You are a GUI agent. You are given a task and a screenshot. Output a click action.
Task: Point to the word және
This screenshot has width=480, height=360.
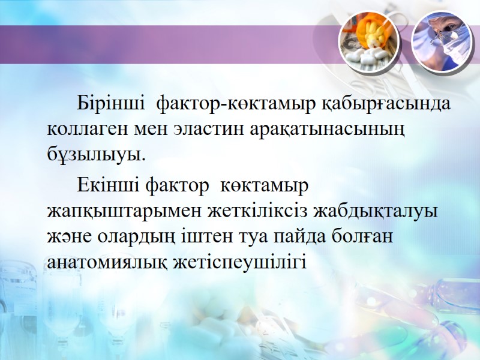70,236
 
